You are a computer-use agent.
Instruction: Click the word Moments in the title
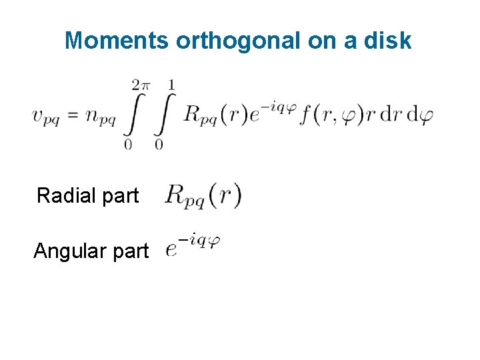click(x=117, y=41)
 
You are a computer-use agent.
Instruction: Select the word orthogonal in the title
click(x=239, y=41)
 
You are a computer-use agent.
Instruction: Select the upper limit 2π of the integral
click(x=141, y=85)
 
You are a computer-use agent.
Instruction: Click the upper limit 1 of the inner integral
click(x=172, y=85)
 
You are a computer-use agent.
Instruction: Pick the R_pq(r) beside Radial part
click(x=203, y=196)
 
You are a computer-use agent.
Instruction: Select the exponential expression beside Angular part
click(x=193, y=246)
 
